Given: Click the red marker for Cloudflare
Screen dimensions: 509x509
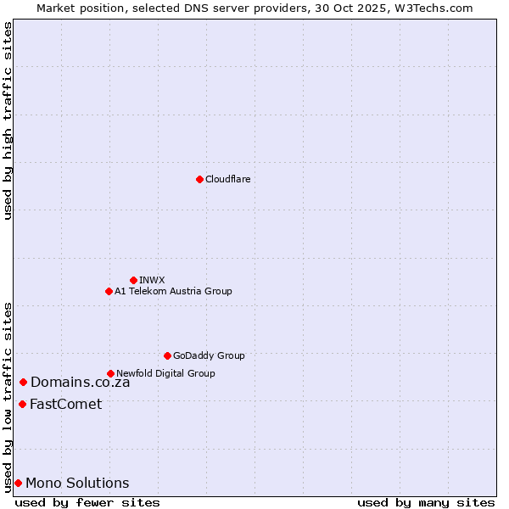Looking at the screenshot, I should coord(199,179).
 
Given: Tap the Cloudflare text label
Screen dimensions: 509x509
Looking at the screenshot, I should coord(227,179).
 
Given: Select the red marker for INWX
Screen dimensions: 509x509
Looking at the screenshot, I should coord(133,280).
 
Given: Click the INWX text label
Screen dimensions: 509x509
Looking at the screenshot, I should coord(152,280).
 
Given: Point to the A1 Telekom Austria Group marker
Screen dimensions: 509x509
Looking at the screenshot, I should coord(109,291).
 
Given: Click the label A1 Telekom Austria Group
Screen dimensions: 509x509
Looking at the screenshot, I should coord(173,291).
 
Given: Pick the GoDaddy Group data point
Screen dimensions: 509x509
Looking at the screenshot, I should coord(167,355).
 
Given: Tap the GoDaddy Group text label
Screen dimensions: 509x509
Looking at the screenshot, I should coord(209,355).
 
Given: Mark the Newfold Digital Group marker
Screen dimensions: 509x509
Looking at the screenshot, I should coord(110,373).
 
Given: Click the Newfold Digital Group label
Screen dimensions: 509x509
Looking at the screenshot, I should coord(165,373).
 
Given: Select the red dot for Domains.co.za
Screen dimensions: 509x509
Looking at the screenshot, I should coord(23,383).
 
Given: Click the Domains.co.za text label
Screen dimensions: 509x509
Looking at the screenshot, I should coord(80,383).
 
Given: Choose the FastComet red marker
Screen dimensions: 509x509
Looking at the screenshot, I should coord(22,404).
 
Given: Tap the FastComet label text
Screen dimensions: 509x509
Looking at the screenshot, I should coord(65,404).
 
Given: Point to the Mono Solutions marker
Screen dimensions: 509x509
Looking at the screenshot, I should coord(18,483).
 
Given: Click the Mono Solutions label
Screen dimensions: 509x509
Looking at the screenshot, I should coord(77,484).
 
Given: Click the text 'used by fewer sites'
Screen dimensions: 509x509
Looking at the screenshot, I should coord(87,502).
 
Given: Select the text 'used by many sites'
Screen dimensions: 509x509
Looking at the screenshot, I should coord(426,502).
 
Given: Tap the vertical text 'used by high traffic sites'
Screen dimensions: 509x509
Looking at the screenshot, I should coord(8,120).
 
